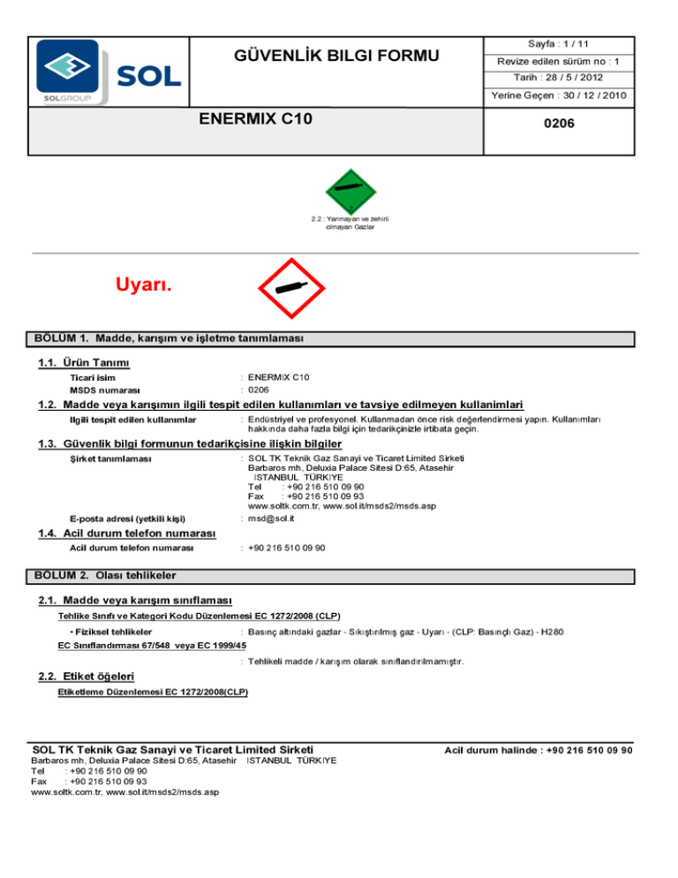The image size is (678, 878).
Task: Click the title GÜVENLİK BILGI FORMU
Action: pos(336,57)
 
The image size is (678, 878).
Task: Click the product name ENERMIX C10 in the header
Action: pos(256,118)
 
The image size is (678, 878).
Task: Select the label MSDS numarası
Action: pos(106,390)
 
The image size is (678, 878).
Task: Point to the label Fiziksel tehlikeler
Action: pos(110,632)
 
